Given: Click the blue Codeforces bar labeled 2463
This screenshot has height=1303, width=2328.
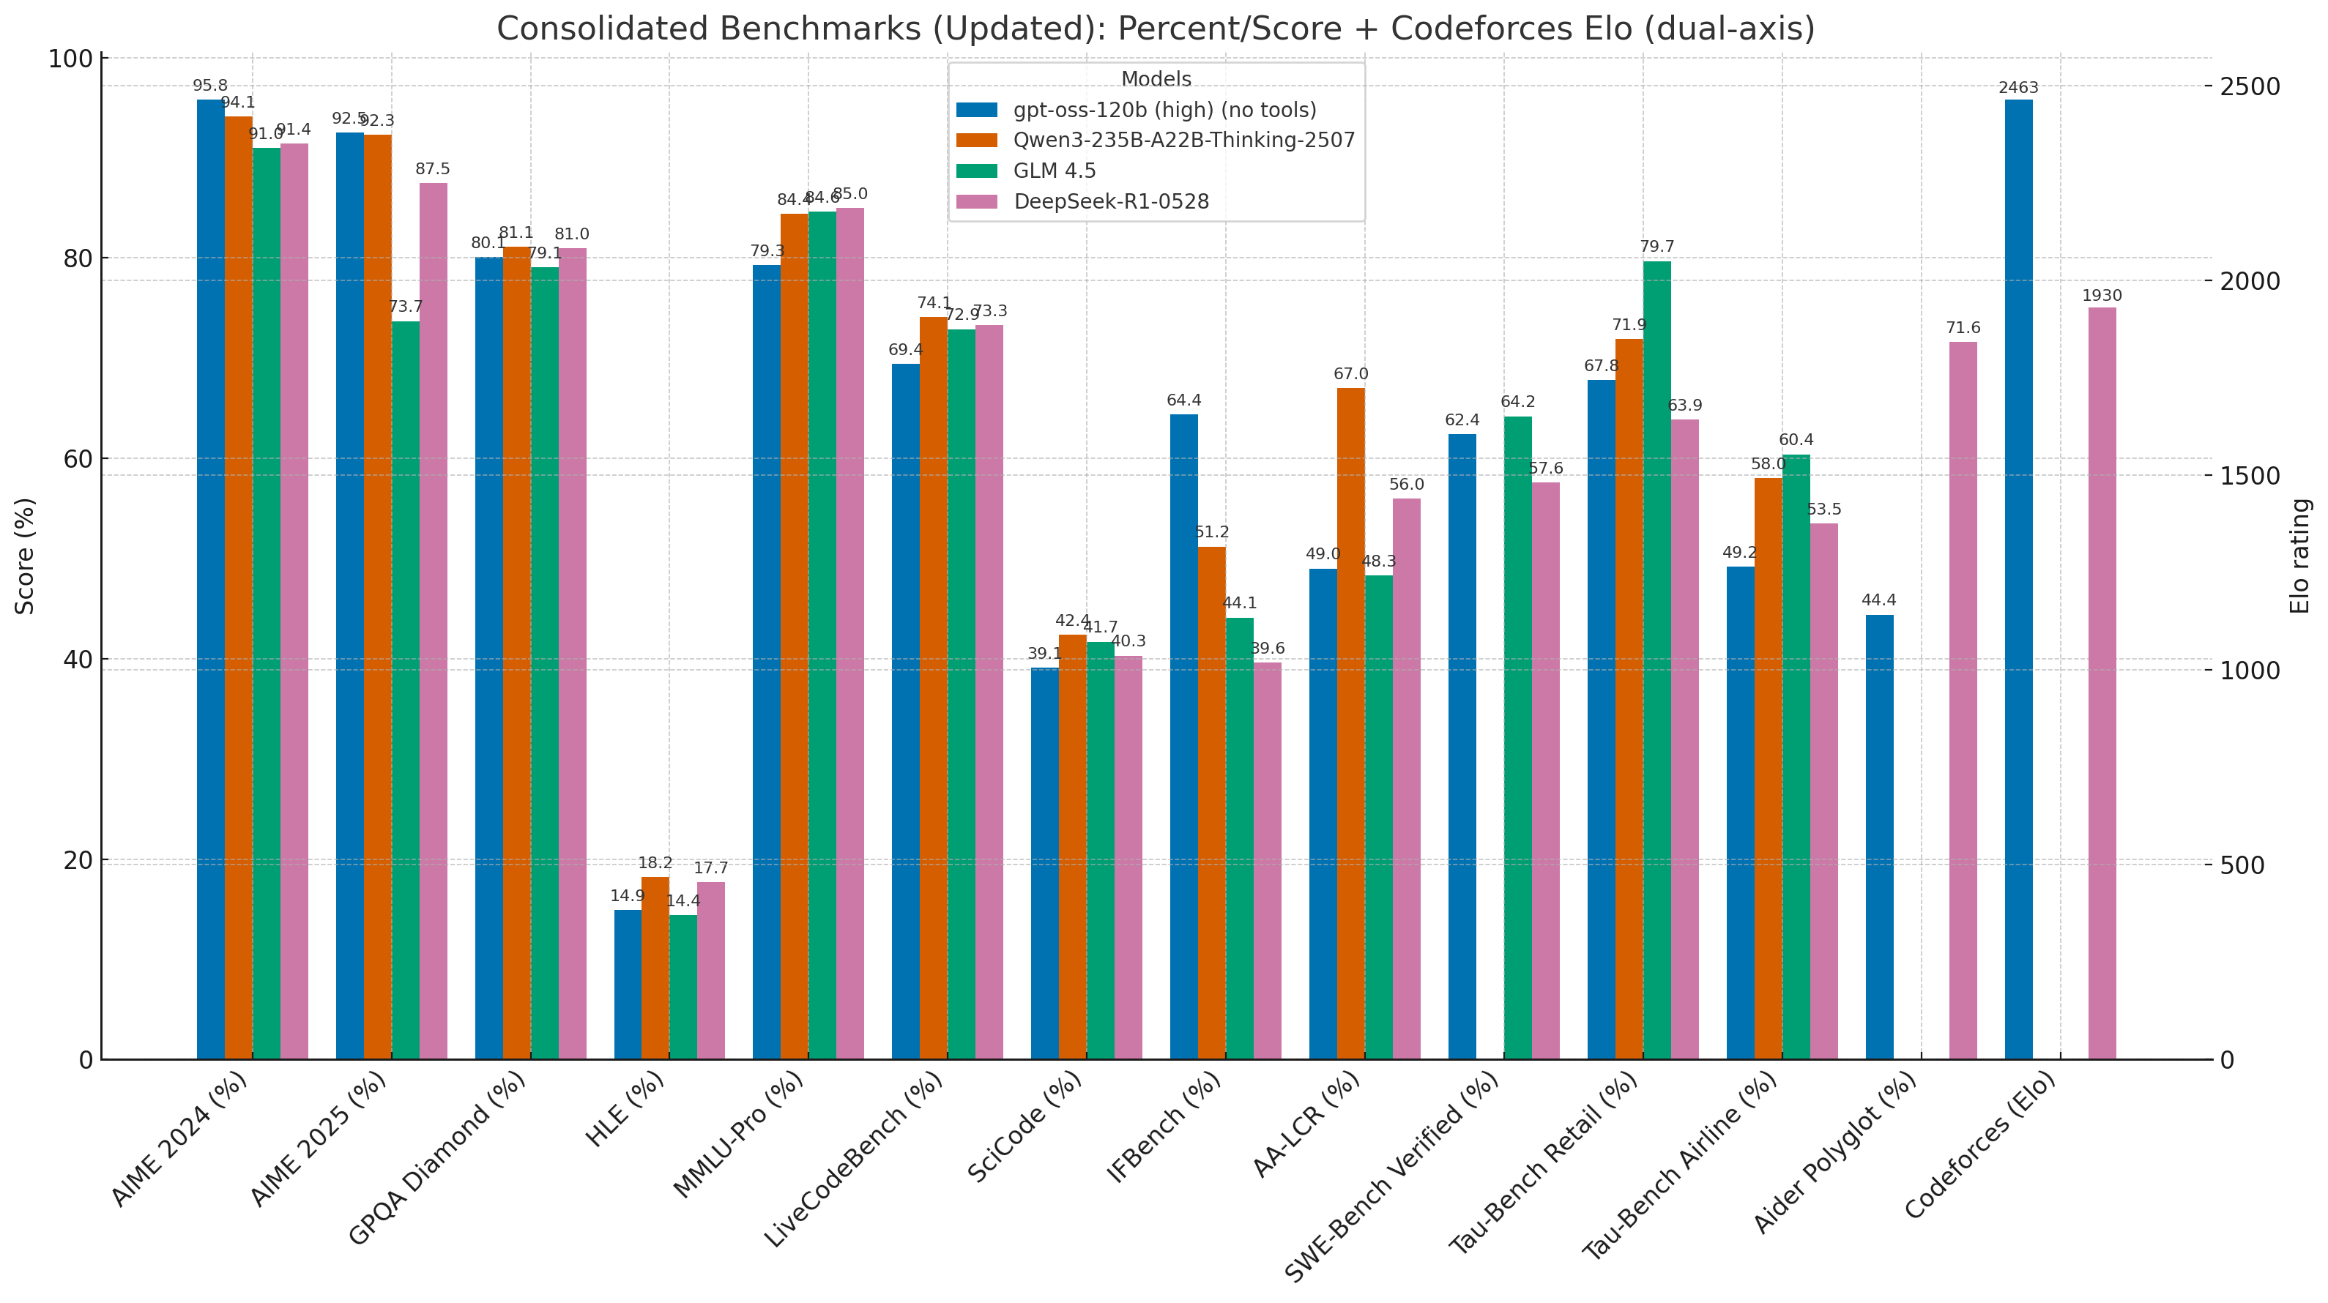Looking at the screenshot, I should click(x=2018, y=578).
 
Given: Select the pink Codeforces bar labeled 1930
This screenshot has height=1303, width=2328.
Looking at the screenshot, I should click(x=2102, y=683).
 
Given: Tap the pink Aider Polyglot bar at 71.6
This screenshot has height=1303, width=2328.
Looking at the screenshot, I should click(x=1963, y=701).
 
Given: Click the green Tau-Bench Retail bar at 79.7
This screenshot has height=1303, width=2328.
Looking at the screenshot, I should click(x=1656, y=660).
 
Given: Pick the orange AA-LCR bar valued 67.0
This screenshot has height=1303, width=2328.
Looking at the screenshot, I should click(x=1350, y=723).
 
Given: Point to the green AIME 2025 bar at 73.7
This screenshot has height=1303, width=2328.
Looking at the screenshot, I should click(x=406, y=690).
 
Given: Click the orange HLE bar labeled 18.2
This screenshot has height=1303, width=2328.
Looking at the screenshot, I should click(x=655, y=968).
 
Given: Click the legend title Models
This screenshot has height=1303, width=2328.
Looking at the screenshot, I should click(x=1156, y=80).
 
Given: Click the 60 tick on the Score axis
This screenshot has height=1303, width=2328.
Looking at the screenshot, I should click(x=81, y=459).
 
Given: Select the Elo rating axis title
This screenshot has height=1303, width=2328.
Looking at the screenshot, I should click(x=2301, y=556).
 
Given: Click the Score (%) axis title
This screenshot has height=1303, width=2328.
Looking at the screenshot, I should click(x=26, y=556).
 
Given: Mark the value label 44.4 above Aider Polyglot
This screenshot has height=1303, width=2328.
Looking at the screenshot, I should click(x=1879, y=601).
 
